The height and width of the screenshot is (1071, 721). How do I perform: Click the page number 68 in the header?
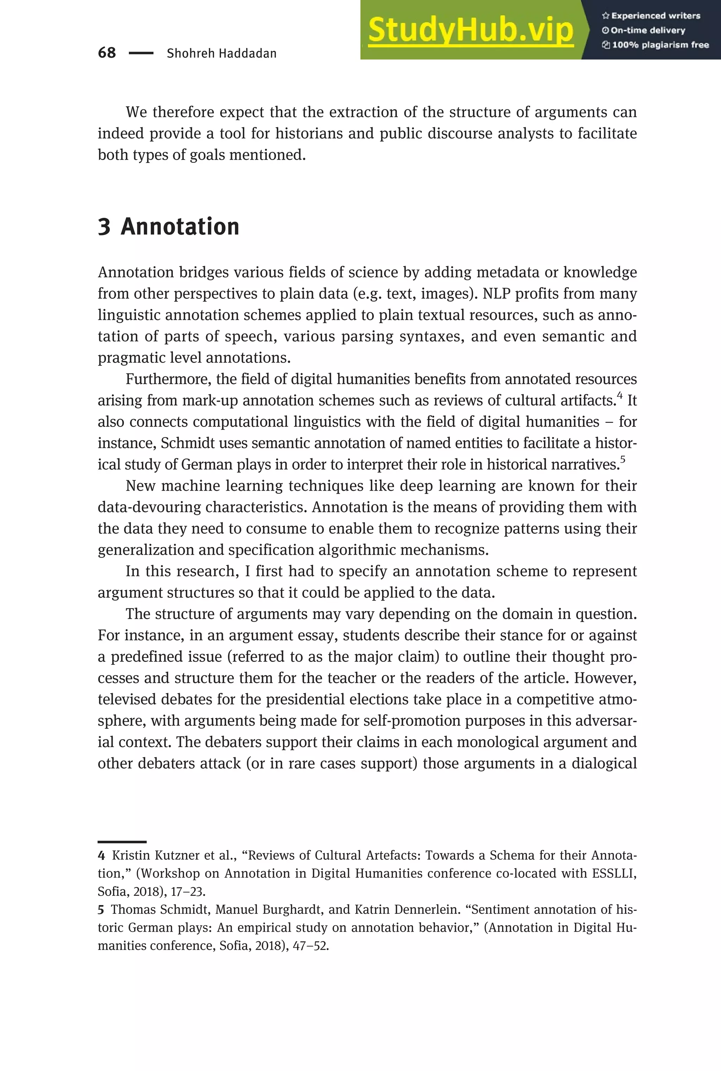pyautogui.click(x=107, y=53)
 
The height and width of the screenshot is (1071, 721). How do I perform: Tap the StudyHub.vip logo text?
pyautogui.click(x=470, y=30)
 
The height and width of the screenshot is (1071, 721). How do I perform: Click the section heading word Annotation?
pyautogui.click(x=180, y=227)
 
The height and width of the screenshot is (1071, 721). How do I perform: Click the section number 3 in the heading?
pyautogui.click(x=104, y=227)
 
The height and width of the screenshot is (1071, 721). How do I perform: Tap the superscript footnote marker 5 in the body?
pyautogui.click(x=622, y=459)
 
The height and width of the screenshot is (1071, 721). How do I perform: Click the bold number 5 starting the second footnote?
pyautogui.click(x=101, y=910)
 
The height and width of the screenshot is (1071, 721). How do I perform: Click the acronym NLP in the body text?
pyautogui.click(x=496, y=294)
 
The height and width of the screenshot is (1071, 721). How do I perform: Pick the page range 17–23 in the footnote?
pyautogui.click(x=187, y=892)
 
